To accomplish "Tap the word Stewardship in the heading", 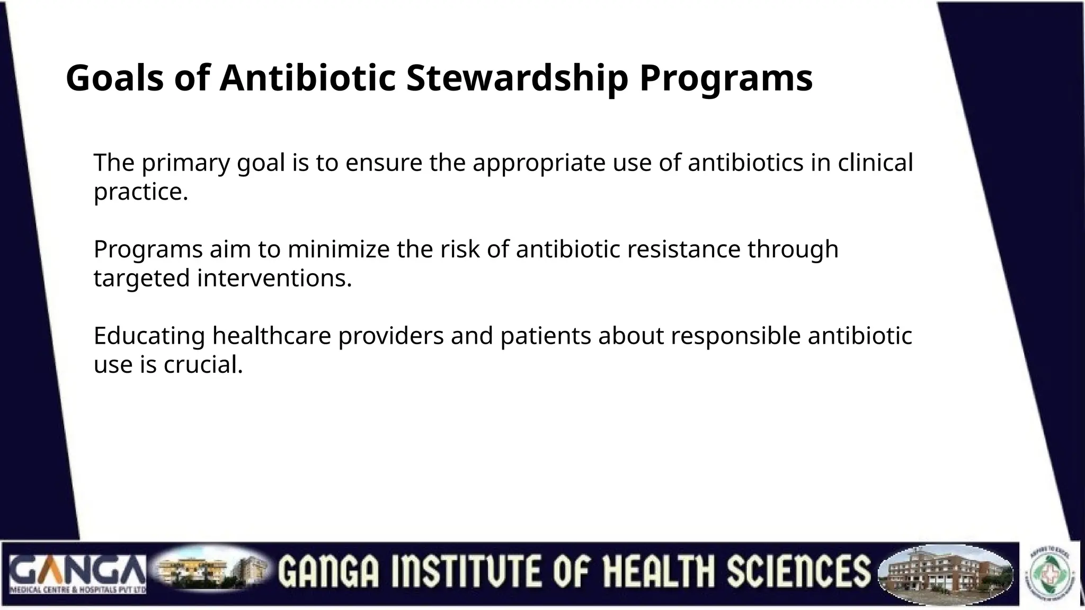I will pos(517,78).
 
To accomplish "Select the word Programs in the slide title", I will pos(725,78).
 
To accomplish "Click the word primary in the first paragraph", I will pos(185,163).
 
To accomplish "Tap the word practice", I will pos(141,192).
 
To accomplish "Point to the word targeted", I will pos(141,278).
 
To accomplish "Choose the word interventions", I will pos(274,278).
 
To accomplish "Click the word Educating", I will pos(149,336).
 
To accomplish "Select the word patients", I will pos(546,336).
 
